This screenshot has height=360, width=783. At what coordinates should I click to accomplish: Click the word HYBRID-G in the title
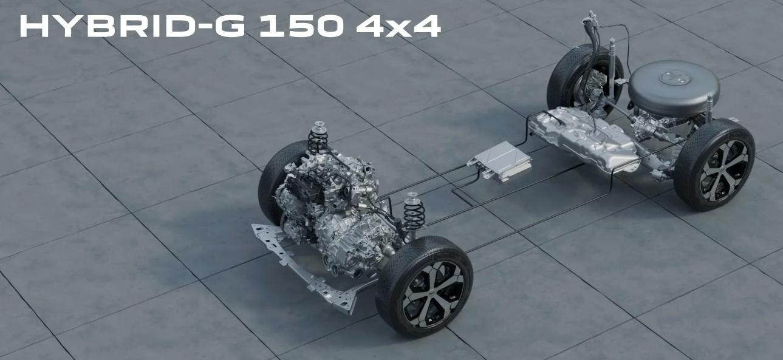[x=132, y=26]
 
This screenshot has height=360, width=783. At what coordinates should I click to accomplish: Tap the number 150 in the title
[x=301, y=26]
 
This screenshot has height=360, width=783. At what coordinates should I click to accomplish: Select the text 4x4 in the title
[x=398, y=26]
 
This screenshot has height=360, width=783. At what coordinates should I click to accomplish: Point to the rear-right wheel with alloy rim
[x=714, y=165]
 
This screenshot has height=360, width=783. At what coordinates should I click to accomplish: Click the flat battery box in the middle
[x=501, y=161]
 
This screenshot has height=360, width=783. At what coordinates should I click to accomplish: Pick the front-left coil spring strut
[x=318, y=138]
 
